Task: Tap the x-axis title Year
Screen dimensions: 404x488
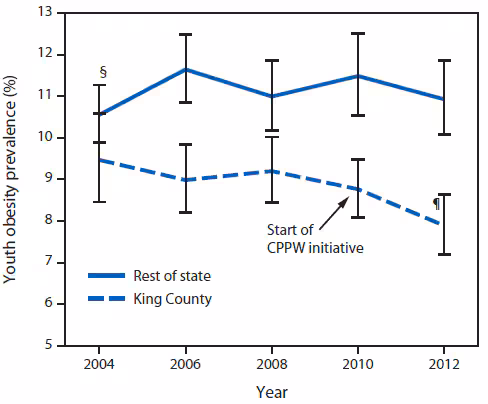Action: tap(270, 392)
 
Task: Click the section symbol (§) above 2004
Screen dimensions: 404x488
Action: tap(101, 72)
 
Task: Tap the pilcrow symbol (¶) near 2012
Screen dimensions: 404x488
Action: tap(435, 203)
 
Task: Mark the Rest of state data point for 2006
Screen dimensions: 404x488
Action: tap(184, 69)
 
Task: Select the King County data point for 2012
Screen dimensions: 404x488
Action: tap(443, 225)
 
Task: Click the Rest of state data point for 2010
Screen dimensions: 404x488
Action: tap(357, 76)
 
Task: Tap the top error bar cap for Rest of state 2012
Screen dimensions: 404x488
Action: tap(443, 60)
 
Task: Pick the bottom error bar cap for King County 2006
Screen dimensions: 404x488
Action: tap(184, 212)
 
